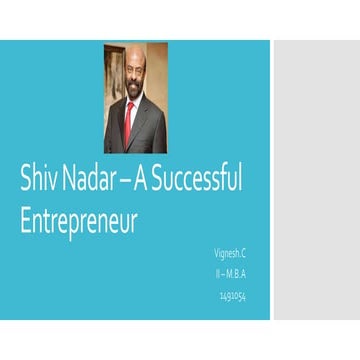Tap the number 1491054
point(232,295)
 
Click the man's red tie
point(129,121)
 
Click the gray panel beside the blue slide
point(315,180)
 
